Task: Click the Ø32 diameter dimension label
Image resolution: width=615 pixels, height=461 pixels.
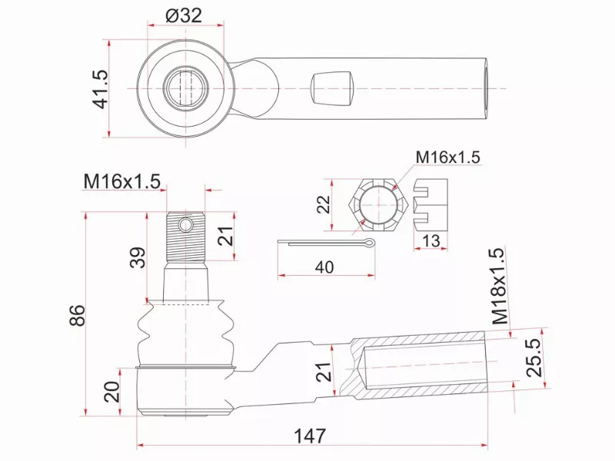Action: point(183,15)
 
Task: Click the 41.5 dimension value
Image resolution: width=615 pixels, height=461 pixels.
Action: point(99,88)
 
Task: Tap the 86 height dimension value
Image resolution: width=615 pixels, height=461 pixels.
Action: point(76,315)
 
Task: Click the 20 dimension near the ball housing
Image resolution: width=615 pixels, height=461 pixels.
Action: point(112,392)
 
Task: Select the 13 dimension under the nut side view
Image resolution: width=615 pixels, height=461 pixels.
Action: point(431,241)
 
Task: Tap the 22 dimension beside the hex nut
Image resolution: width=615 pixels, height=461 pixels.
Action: point(324,204)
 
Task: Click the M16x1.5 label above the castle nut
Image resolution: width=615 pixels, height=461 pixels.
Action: point(447,157)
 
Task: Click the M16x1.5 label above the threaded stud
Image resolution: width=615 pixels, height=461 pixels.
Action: point(121,181)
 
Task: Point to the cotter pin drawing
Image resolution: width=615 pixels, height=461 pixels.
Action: point(327,244)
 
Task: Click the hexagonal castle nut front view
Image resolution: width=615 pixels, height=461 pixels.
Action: point(377,205)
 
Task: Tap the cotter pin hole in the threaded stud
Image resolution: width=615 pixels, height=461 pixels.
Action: point(185,224)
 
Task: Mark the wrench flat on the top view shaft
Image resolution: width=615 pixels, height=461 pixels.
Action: point(332,88)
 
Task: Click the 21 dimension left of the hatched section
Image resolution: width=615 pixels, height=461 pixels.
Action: point(325,372)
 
